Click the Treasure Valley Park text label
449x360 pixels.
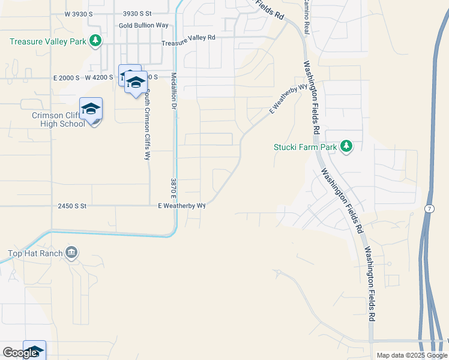pyautogui.click(x=48, y=41)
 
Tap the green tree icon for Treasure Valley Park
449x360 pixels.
pyautogui.click(x=95, y=41)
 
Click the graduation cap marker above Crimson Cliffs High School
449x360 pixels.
pyautogui.click(x=91, y=109)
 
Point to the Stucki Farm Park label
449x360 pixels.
pyautogui.click(x=306, y=146)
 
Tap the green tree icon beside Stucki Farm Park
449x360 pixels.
pyautogui.click(x=346, y=146)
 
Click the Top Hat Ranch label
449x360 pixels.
pyautogui.click(x=34, y=253)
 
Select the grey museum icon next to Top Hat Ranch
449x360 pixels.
pyautogui.click(x=71, y=251)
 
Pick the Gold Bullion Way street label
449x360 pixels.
pyautogui.click(x=143, y=26)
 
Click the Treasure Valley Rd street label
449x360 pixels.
pyautogui.click(x=188, y=37)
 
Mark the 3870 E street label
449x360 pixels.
pyautogui.click(x=172, y=188)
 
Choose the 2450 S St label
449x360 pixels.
pyautogui.click(x=72, y=206)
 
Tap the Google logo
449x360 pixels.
pyautogui.click(x=20, y=353)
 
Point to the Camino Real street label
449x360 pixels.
pyautogui.click(x=306, y=18)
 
